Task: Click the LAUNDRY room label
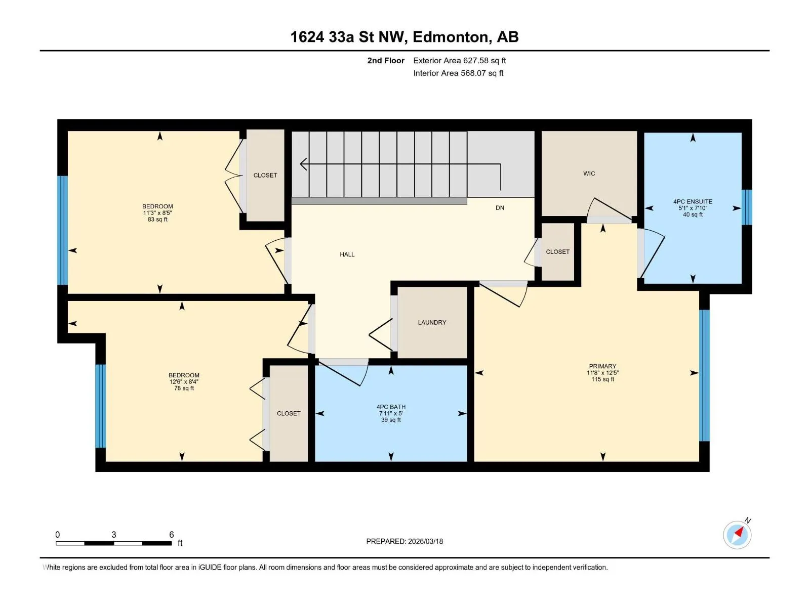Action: coord(432,323)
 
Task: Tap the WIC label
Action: coord(589,174)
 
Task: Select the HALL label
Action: coord(347,254)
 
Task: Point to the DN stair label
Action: coord(500,208)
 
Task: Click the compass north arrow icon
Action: coord(737,535)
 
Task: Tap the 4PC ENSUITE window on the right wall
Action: coord(747,207)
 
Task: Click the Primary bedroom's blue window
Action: coord(704,375)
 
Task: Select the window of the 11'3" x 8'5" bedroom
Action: coord(63,230)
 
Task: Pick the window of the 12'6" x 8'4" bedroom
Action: coord(101,406)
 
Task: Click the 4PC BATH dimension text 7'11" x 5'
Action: coord(391,413)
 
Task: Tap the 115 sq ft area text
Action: coord(602,379)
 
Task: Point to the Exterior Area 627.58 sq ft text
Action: coord(460,60)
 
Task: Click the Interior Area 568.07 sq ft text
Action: coord(458,73)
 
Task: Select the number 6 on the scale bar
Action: coord(171,534)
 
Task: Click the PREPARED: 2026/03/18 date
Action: coord(404,541)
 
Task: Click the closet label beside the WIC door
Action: coord(557,252)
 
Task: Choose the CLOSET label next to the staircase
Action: coord(265,176)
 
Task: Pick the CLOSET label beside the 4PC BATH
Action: coord(289,413)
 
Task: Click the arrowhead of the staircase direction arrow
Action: coord(303,164)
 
